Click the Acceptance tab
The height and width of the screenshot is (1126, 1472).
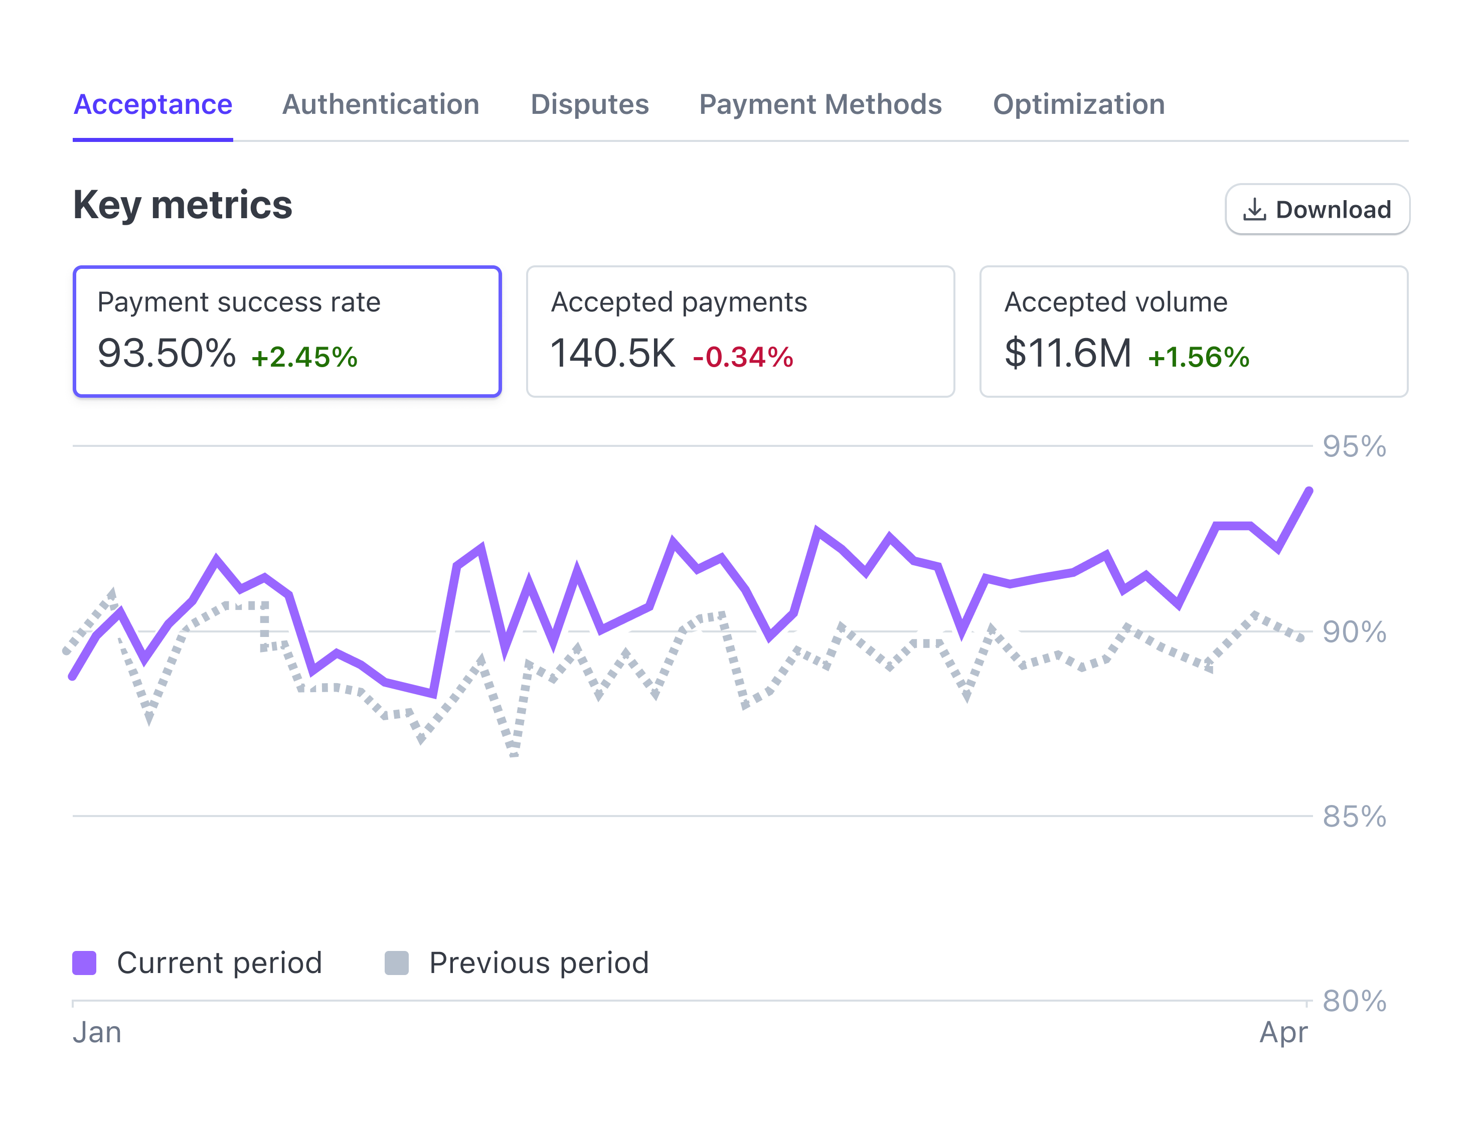pyautogui.click(x=153, y=104)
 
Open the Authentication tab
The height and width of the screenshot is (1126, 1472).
pyautogui.click(x=381, y=104)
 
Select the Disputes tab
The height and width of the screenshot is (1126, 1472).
pyautogui.click(x=590, y=104)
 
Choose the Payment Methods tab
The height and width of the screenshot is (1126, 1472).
pyautogui.click(x=820, y=104)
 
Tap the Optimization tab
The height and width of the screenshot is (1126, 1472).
pyautogui.click(x=1079, y=104)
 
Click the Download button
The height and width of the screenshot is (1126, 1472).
pyautogui.click(x=1317, y=210)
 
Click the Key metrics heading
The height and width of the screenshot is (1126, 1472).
pyautogui.click(x=182, y=205)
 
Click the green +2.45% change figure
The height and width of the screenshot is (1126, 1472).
pyautogui.click(x=304, y=357)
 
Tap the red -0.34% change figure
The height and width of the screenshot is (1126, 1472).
pyautogui.click(x=742, y=357)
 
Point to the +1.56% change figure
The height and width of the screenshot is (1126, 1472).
pyautogui.click(x=1198, y=357)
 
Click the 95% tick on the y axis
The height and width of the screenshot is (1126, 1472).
pyautogui.click(x=1354, y=447)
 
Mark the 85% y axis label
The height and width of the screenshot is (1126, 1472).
pyautogui.click(x=1354, y=817)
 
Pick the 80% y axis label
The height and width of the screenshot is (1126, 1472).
pyautogui.click(x=1354, y=1001)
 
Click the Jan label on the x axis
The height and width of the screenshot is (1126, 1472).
pyautogui.click(x=97, y=1032)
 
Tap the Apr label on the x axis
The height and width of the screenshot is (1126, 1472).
pyautogui.click(x=1283, y=1032)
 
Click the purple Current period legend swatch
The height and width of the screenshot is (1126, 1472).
pyautogui.click(x=84, y=963)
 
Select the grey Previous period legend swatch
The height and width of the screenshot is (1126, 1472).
pyautogui.click(x=397, y=963)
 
